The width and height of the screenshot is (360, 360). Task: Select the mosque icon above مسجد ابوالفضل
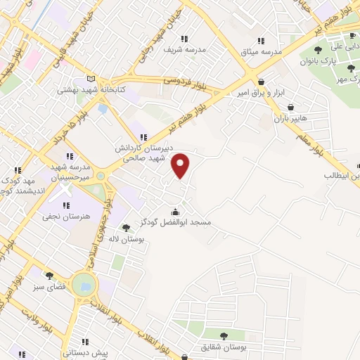[175, 211]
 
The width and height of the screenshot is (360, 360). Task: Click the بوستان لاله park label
[126, 239]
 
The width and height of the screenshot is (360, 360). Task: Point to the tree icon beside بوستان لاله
[126, 227]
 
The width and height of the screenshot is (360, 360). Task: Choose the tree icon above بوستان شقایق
[224, 336]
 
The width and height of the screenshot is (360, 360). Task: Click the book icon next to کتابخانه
[89, 79]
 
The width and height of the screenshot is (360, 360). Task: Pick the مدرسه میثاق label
[262, 52]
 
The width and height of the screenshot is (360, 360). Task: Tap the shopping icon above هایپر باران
[290, 108]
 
